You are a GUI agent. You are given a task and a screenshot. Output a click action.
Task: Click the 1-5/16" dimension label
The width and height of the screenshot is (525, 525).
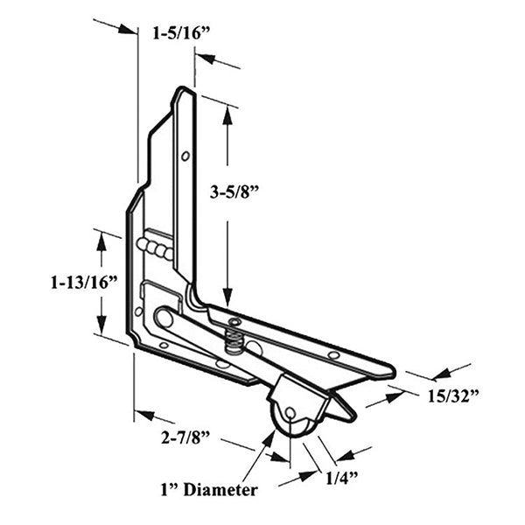181,34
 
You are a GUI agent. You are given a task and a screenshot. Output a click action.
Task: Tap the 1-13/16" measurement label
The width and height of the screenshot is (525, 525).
84,283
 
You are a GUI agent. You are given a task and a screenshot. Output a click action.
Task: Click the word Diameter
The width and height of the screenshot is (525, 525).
217,490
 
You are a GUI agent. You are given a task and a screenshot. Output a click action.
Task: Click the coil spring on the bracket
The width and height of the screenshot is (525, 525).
234,332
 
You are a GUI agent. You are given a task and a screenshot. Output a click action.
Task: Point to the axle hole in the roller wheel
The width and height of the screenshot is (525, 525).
290,412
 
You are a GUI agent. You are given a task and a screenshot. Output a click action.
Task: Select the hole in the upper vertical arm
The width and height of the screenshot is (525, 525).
185,157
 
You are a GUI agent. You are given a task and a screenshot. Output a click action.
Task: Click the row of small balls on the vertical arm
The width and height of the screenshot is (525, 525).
155,248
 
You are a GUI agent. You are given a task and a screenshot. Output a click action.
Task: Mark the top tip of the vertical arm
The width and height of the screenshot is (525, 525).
183,88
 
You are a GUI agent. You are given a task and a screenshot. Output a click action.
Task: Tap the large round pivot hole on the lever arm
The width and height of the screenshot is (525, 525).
164,316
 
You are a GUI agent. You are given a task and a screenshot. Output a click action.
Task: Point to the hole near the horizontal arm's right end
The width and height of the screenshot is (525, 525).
333,355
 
